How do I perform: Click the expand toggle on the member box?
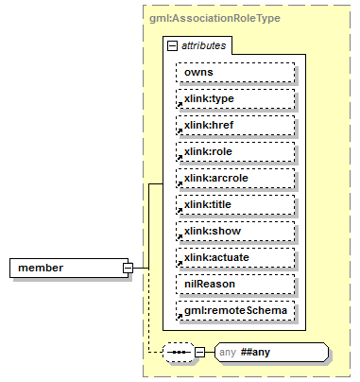(x=127, y=268)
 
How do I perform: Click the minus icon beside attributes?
(x=171, y=44)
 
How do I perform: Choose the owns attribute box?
(x=234, y=72)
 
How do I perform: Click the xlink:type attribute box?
(x=234, y=98)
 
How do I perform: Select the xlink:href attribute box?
(x=234, y=125)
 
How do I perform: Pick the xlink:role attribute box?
(x=234, y=151)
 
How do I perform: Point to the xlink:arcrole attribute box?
(x=234, y=178)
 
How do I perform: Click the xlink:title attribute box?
(x=234, y=204)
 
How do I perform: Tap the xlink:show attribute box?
(x=234, y=231)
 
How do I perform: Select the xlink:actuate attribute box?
(x=234, y=257)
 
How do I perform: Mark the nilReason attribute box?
(x=234, y=284)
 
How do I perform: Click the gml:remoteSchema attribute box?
(x=234, y=310)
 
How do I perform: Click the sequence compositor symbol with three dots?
(x=178, y=353)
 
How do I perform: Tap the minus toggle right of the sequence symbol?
(x=199, y=353)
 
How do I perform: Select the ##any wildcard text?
(x=260, y=353)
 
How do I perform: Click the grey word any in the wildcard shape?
(x=228, y=353)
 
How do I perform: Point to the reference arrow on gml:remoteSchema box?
(x=180, y=317)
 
